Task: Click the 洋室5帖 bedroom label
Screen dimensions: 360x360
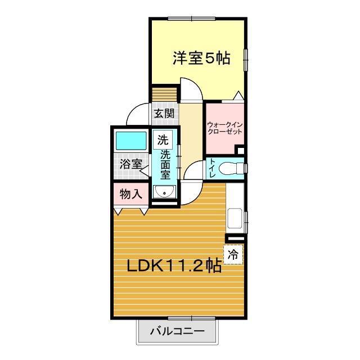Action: [x=201, y=58]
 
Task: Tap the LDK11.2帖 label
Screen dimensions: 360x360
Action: [x=174, y=265]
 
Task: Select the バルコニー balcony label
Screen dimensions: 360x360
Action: [x=177, y=331]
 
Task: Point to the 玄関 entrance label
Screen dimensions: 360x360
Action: [x=164, y=114]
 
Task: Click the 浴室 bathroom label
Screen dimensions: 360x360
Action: [x=131, y=164]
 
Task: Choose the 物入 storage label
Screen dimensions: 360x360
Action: [x=131, y=195]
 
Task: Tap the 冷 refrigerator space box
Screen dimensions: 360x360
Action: [x=233, y=254]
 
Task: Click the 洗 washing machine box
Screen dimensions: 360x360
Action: [x=163, y=139]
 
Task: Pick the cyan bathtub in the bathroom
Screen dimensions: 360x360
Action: [x=131, y=141]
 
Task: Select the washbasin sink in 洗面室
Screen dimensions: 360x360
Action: [x=164, y=191]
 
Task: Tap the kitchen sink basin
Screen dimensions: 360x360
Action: [x=235, y=218]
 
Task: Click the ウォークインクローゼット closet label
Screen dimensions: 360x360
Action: [x=225, y=128]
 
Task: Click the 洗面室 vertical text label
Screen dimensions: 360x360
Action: [x=165, y=165]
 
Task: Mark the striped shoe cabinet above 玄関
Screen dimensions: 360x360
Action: [x=164, y=94]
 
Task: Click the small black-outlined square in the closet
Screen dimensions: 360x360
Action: [x=241, y=151]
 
